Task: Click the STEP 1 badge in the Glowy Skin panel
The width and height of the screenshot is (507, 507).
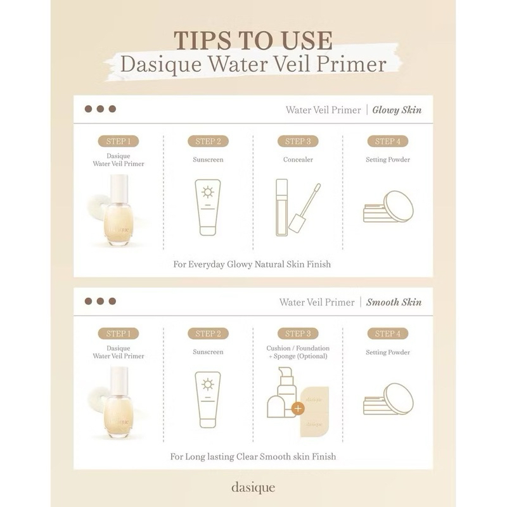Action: tap(119, 141)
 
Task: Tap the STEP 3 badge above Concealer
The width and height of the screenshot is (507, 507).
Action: tap(298, 141)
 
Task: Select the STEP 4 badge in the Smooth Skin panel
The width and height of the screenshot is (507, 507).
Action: tap(388, 333)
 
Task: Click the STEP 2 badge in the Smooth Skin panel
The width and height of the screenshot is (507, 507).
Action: tap(209, 333)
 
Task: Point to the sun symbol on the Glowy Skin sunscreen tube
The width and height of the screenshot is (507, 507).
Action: tap(208, 192)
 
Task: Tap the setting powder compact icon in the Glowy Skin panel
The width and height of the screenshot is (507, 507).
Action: tap(388, 207)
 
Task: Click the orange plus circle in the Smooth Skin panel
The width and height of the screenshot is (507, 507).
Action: tap(298, 408)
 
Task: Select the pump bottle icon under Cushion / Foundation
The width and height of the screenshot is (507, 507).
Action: tap(282, 392)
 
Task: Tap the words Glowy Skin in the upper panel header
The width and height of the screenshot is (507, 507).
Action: tap(397, 110)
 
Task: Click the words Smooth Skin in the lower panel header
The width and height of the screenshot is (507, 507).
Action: tap(394, 302)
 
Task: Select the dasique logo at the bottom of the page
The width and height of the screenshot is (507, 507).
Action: tap(253, 487)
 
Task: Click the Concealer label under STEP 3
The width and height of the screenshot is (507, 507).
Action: tap(298, 160)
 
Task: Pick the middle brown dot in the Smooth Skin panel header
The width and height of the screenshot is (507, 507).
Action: tap(100, 302)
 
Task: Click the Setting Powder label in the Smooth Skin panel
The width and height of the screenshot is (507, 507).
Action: tap(388, 352)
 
